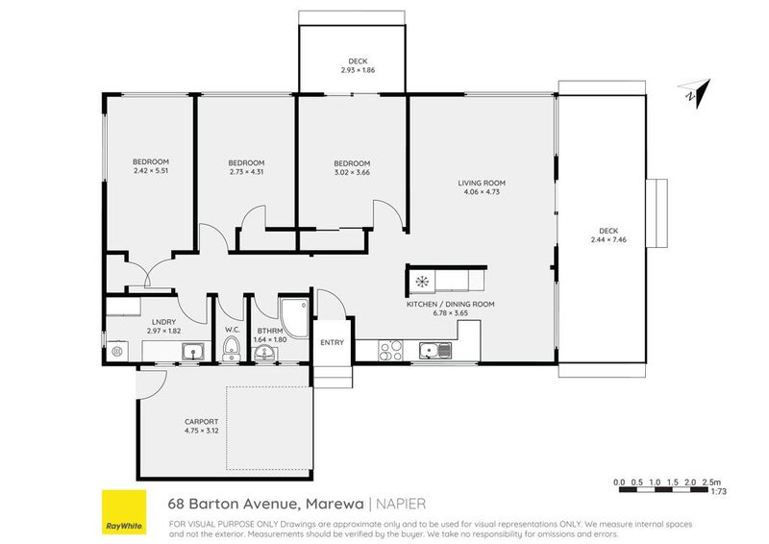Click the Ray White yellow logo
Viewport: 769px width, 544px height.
pyautogui.click(x=124, y=512)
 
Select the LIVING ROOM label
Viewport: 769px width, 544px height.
pyautogui.click(x=482, y=183)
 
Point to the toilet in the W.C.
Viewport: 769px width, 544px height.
pyautogui.click(x=231, y=348)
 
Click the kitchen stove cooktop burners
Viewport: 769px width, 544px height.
pyautogui.click(x=391, y=350)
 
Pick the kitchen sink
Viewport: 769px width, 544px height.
pyautogui.click(x=435, y=351)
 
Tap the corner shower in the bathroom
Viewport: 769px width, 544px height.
pyautogui.click(x=295, y=317)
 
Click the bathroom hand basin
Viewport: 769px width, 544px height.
pyautogui.click(x=266, y=353)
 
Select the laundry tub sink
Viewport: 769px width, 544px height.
pyautogui.click(x=193, y=351)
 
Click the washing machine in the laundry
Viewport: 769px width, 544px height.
pyautogui.click(x=117, y=351)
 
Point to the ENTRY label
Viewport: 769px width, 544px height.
pyautogui.click(x=332, y=342)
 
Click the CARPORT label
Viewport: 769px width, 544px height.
pyautogui.click(x=202, y=422)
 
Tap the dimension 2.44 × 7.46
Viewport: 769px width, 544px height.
pyautogui.click(x=608, y=240)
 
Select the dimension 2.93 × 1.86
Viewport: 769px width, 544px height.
pyautogui.click(x=358, y=70)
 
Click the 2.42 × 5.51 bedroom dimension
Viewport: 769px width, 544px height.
pyautogui.click(x=151, y=171)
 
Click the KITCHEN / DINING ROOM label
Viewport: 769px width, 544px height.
pyautogui.click(x=450, y=304)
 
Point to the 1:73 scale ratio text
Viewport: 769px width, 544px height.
pyautogui.click(x=718, y=491)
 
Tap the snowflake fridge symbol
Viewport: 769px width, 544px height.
pyautogui.click(x=422, y=282)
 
